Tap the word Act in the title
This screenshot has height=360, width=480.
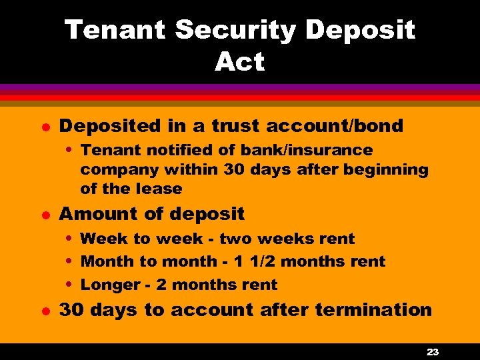click(x=240, y=62)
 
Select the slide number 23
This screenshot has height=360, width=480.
click(x=432, y=352)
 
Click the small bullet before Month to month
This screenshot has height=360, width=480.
click(x=71, y=261)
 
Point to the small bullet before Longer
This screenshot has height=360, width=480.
click(x=71, y=285)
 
